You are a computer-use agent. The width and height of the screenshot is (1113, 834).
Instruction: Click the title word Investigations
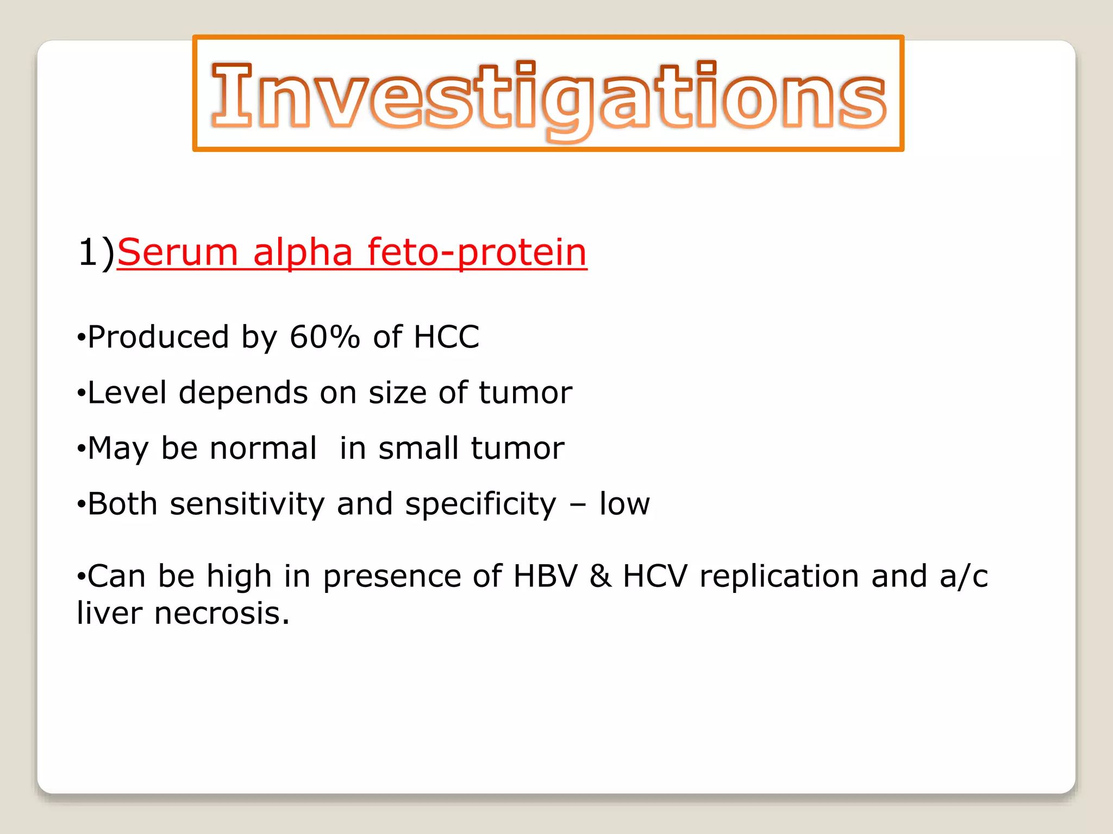click(548, 97)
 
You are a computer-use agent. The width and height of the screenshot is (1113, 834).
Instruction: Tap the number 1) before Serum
click(96, 252)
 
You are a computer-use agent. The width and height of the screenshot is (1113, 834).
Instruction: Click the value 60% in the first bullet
click(324, 337)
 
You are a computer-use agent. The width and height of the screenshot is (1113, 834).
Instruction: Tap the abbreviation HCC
click(446, 337)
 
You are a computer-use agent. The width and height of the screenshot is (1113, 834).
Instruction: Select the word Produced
click(158, 337)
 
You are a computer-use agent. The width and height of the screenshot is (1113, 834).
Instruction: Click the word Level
click(127, 393)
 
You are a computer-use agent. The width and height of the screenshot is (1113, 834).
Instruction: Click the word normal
click(263, 448)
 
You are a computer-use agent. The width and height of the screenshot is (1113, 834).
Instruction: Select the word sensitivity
click(247, 504)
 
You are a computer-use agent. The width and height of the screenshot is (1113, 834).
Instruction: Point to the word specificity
click(480, 505)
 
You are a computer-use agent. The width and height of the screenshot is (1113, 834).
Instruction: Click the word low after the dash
click(624, 504)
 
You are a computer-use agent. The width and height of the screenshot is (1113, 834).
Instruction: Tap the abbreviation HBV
click(545, 576)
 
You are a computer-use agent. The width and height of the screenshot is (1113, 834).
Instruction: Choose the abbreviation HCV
click(655, 576)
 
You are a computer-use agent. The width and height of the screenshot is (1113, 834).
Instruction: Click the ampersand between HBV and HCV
click(600, 576)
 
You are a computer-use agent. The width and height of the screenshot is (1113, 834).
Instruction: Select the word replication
click(779, 577)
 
